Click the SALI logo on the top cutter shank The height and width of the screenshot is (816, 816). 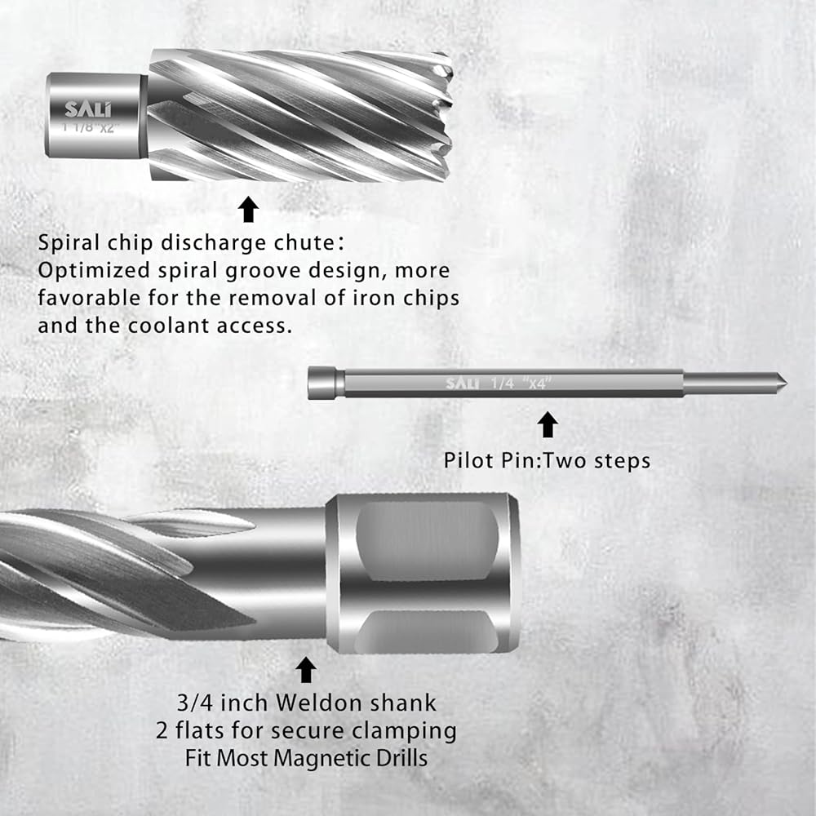pyautogui.click(x=87, y=109)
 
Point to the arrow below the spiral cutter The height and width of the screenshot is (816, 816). pyautogui.click(x=248, y=209)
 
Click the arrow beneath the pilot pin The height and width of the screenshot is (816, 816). pyautogui.click(x=548, y=424)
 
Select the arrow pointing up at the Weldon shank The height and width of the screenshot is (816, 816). pyautogui.click(x=305, y=670)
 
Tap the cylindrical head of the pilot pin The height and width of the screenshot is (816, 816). pyautogui.click(x=326, y=383)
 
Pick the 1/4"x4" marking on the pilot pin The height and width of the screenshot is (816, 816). pyautogui.click(x=521, y=384)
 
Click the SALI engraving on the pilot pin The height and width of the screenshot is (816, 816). pyautogui.click(x=462, y=384)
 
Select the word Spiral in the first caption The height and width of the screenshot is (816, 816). pyautogui.click(x=69, y=243)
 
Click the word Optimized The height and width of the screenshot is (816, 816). pyautogui.click(x=94, y=271)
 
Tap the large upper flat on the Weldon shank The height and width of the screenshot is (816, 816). pyautogui.click(x=427, y=541)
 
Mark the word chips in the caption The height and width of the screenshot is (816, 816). pyautogui.click(x=432, y=299)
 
